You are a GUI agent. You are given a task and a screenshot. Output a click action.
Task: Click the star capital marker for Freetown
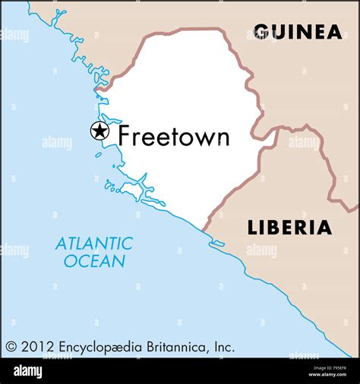click(x=99, y=131)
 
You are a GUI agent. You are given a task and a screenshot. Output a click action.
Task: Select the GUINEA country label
click(x=297, y=32)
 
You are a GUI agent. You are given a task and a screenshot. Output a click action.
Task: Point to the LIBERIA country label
click(x=289, y=228)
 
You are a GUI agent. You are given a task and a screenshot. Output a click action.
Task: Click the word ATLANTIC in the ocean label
click(x=93, y=244)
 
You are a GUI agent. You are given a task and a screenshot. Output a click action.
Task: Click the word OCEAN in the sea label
click(x=94, y=261)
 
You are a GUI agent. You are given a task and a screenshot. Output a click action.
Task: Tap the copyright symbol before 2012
click(x=11, y=347)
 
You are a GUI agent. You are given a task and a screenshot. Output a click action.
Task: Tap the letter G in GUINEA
click(x=261, y=32)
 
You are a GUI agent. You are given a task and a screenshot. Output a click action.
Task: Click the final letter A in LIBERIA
click(x=324, y=228)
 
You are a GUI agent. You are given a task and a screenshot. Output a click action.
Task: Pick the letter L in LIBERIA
click(x=252, y=228)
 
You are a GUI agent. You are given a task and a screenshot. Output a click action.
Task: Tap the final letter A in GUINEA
click(x=333, y=32)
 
